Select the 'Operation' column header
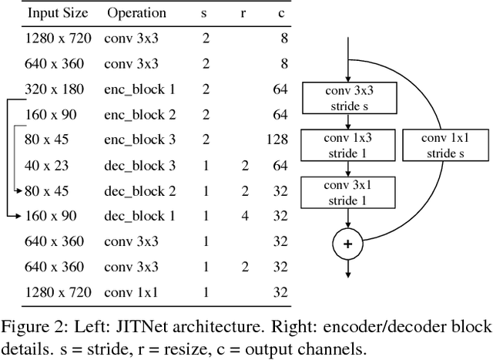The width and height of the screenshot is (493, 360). coord(136,13)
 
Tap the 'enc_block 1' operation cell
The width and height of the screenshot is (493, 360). coord(140,90)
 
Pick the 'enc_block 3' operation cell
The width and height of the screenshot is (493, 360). coord(140,140)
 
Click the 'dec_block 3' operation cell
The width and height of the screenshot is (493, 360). coord(140,165)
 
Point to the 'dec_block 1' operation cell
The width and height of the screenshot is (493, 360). coord(140,216)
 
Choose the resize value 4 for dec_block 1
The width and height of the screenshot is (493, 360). coord(244,216)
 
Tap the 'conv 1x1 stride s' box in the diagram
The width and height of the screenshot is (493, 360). coord(444,145)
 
